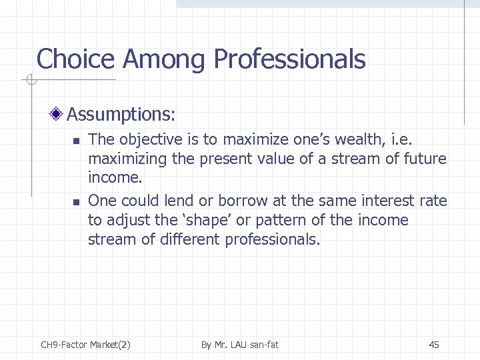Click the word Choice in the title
point(76,59)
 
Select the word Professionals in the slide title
point(289,59)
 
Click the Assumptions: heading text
point(121,115)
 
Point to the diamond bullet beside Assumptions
point(58,114)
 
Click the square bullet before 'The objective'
point(76,141)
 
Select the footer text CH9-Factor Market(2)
point(85,345)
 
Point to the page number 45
point(434,345)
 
